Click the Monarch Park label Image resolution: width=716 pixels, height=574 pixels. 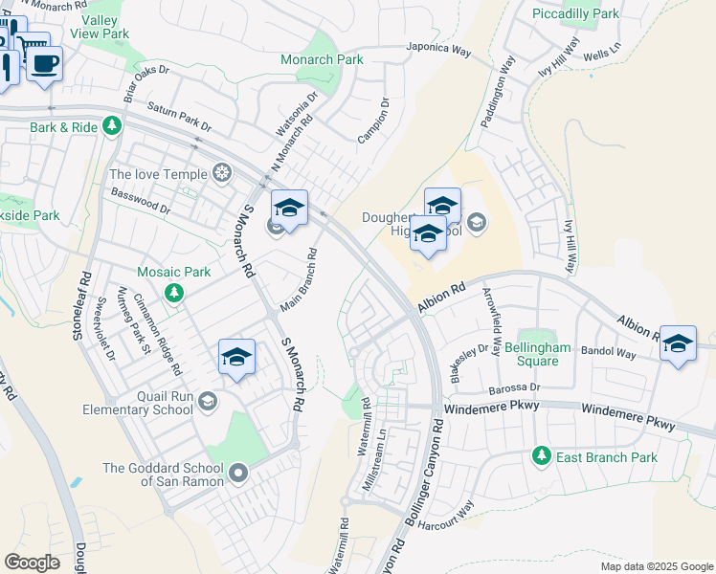tap(322, 59)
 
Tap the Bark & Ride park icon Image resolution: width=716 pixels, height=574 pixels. tap(113, 126)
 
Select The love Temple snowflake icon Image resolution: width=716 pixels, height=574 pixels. tap(222, 173)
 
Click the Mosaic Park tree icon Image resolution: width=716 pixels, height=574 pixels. tap(173, 291)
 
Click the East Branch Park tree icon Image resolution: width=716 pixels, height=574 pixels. tap(542, 456)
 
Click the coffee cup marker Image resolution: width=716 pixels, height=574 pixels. tap(43, 65)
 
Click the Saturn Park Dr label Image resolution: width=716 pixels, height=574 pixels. tap(179, 117)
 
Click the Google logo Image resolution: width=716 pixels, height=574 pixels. tap(32, 563)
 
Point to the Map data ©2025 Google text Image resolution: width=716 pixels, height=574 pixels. tap(656, 566)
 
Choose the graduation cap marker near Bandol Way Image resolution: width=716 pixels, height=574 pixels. tap(678, 344)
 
